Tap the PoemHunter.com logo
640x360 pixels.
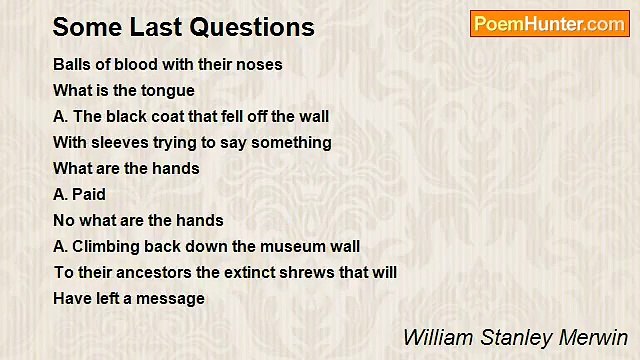coord(549,24)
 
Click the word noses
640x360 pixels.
coord(260,64)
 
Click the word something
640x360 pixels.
coord(291,142)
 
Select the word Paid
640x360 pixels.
coord(89,194)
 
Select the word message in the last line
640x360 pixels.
coord(172,298)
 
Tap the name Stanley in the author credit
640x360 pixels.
coord(510,336)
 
